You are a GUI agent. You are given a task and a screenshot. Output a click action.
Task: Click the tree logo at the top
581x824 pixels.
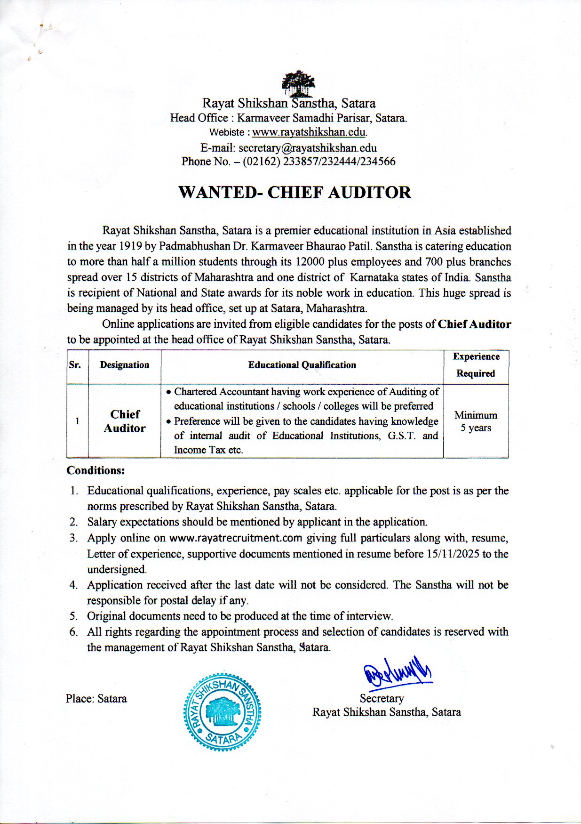click(x=298, y=83)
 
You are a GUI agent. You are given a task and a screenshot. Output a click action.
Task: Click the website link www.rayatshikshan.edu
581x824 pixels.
click(x=309, y=132)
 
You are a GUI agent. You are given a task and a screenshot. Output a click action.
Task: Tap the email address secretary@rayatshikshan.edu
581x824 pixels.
click(x=308, y=148)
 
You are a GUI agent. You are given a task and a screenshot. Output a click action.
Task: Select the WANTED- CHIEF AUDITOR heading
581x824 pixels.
click(x=294, y=193)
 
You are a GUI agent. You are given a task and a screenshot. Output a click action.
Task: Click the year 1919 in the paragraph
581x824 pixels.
click(x=130, y=246)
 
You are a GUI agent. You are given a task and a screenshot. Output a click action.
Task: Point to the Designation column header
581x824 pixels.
click(x=124, y=365)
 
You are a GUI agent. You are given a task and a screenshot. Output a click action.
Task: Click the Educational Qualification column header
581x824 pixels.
click(x=302, y=365)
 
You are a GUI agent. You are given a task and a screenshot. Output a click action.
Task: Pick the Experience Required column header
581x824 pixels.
click(x=476, y=365)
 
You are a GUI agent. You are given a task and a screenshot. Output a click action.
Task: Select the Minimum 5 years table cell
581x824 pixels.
click(x=476, y=421)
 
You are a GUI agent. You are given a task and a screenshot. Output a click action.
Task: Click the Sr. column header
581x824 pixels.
click(x=75, y=365)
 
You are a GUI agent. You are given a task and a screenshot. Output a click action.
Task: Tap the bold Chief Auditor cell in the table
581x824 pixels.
click(x=125, y=421)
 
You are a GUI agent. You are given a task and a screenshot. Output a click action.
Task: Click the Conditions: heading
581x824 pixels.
click(x=96, y=470)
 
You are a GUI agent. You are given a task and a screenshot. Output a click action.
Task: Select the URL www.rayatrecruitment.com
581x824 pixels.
click(x=235, y=538)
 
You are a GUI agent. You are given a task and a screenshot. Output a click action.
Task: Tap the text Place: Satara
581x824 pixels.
click(x=96, y=699)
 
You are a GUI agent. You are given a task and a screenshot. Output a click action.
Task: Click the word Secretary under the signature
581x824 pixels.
click(x=382, y=698)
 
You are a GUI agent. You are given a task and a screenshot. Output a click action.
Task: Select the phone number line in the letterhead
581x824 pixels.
click(x=288, y=162)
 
